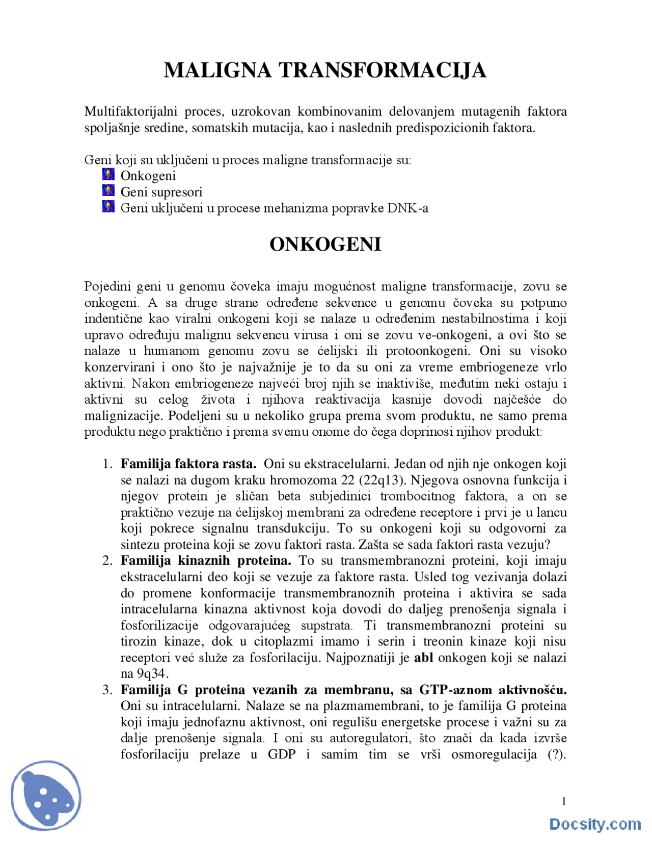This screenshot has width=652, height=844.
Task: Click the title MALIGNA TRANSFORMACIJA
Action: pyautogui.click(x=325, y=70)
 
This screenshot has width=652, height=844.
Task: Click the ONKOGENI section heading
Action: pyautogui.click(x=325, y=245)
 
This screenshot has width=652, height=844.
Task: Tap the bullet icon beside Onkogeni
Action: pyautogui.click(x=108, y=175)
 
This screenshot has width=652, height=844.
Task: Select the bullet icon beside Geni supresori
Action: pyautogui.click(x=108, y=191)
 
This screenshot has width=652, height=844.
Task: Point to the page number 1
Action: pyautogui.click(x=564, y=802)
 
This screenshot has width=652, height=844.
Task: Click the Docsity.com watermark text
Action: pyautogui.click(x=595, y=824)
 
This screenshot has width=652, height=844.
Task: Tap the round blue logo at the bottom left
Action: pyautogui.click(x=46, y=797)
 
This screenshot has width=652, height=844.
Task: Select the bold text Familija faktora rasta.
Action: pyautogui.click(x=188, y=464)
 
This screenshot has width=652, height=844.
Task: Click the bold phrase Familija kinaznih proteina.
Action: pyautogui.click(x=206, y=561)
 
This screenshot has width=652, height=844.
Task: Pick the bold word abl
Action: pyautogui.click(x=423, y=657)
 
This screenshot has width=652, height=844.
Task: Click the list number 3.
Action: pyautogui.click(x=107, y=690)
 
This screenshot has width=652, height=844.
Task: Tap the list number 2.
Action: pyautogui.click(x=107, y=561)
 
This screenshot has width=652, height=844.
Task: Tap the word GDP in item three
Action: pyautogui.click(x=282, y=754)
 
